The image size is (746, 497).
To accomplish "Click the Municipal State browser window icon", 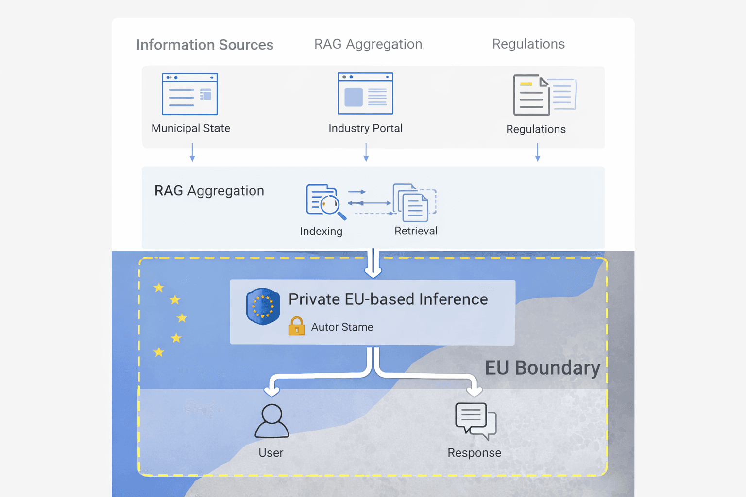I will (x=189, y=94).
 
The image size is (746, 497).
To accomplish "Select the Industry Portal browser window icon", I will (x=365, y=93).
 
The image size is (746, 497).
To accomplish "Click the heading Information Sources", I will (x=204, y=45).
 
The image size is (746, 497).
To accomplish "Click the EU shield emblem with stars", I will (x=263, y=306).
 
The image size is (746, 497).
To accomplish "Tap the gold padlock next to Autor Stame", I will (x=297, y=326).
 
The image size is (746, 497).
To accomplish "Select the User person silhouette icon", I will (x=271, y=421).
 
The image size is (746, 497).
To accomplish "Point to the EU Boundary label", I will (x=542, y=368).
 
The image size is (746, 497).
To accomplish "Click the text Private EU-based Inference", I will (x=388, y=299).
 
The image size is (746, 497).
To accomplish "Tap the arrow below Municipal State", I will (x=192, y=152).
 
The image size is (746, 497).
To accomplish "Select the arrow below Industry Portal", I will (x=366, y=152).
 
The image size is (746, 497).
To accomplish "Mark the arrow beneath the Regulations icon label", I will (x=537, y=152).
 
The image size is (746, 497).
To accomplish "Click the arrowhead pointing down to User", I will (x=271, y=391).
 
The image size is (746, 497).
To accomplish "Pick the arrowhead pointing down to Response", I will (x=475, y=391).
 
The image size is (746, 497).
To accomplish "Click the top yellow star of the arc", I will (x=159, y=288).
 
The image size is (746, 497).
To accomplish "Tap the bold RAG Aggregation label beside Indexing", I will (x=209, y=191).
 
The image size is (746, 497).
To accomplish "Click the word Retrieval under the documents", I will (x=416, y=231).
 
